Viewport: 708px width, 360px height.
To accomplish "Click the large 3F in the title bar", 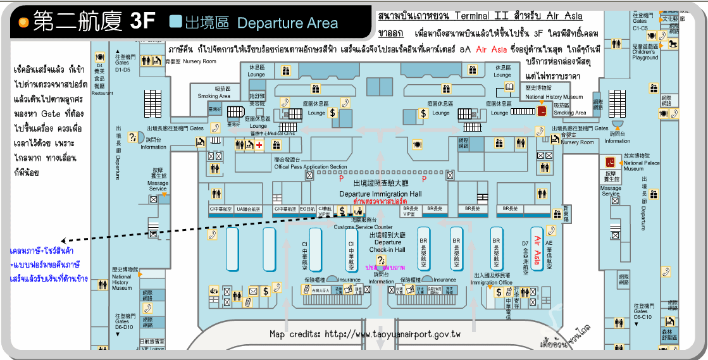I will click(x=142, y=21).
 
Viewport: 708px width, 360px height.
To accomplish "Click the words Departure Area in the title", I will click(x=288, y=23).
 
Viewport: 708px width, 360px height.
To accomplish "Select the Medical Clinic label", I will click(x=282, y=133).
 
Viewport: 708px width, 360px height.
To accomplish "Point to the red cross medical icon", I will click(x=259, y=145).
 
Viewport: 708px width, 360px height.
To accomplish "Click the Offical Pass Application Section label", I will click(x=311, y=167).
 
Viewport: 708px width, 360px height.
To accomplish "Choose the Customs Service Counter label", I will click(x=363, y=227).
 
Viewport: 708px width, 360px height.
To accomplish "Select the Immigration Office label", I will click(x=492, y=282).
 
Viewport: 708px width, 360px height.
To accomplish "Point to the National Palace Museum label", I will click(x=642, y=166).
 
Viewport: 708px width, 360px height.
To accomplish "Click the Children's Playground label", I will click(x=645, y=54).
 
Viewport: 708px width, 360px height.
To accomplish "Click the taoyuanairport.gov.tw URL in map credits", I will click(x=392, y=334).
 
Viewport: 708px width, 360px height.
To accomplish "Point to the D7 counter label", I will click(x=525, y=242).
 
